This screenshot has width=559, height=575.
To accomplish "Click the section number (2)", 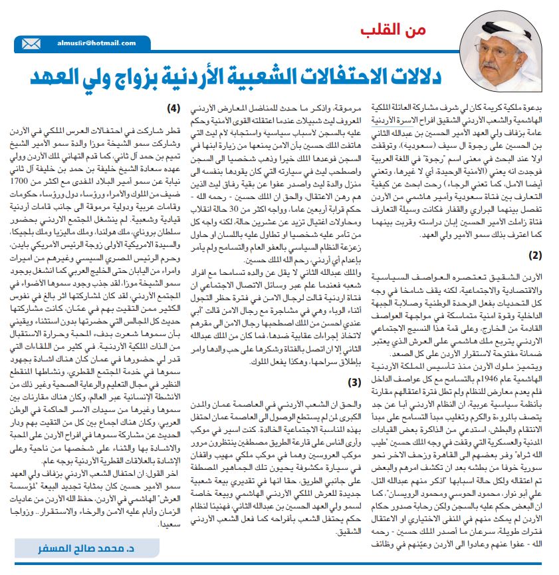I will [x=534, y=254].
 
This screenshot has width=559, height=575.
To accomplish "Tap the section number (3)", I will [x=355, y=381].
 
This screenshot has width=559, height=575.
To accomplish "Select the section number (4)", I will [x=172, y=108].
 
